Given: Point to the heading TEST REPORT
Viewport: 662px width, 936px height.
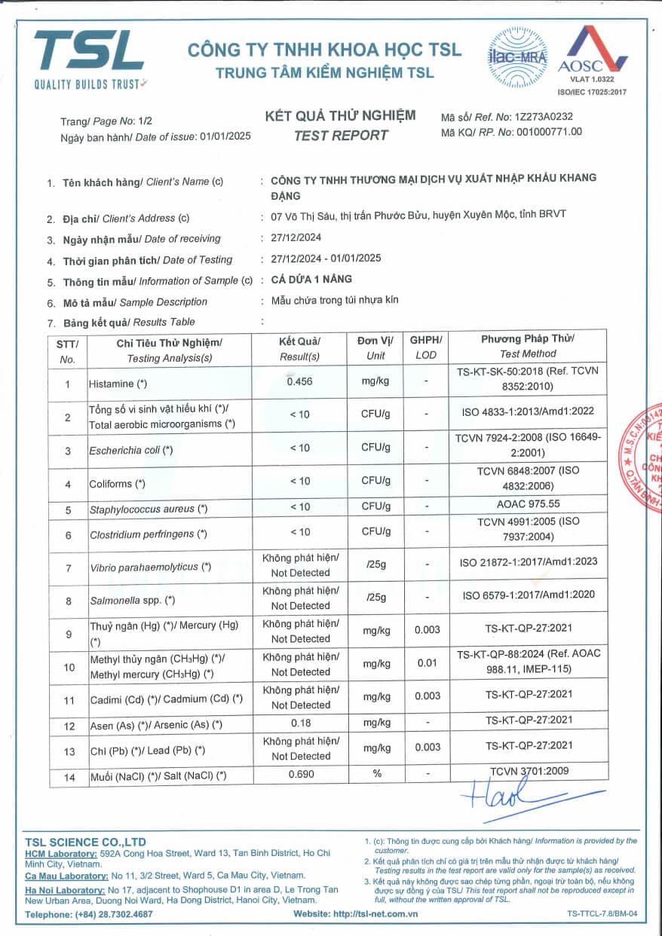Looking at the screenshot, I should pos(341,136).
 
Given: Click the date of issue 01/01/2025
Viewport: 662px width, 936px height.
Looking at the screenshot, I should pos(224,136).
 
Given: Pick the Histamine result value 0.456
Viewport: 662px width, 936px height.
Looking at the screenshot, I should pos(300,381).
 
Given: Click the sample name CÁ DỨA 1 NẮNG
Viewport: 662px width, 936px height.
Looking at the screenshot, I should pos(311,279).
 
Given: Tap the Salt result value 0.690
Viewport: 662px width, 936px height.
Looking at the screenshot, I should pos(300,774).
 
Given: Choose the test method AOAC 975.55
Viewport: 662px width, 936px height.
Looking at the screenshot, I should pos(528,504).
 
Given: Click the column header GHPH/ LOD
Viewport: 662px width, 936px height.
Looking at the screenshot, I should pos(426,347).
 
